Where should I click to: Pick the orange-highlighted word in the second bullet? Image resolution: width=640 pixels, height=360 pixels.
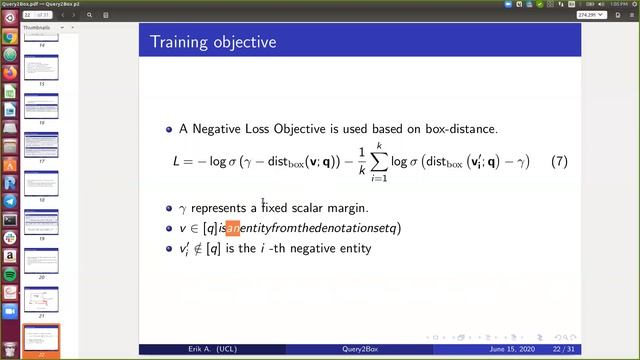pyautogui.click(x=233, y=228)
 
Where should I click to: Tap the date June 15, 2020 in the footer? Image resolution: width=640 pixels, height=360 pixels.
pyautogui.click(x=517, y=349)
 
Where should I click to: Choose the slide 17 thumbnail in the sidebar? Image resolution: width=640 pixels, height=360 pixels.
pyautogui.click(x=41, y=148)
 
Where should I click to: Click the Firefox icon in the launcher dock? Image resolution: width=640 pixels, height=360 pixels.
pyautogui.click(x=9, y=73)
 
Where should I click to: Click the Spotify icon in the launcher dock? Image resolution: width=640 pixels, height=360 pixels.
pyautogui.click(x=9, y=273)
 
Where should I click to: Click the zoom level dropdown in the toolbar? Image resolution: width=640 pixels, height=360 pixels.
pyautogui.click(x=589, y=16)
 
